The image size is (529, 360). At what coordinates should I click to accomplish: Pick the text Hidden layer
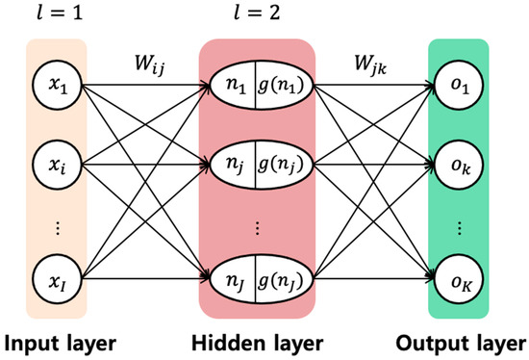click(x=257, y=341)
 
